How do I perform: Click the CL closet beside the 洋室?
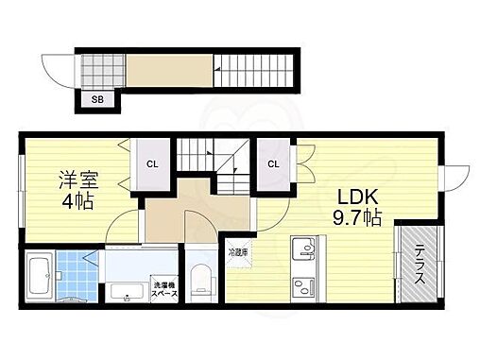click(151, 163)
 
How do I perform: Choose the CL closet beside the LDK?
click(273, 163)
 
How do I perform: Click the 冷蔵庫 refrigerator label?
click(237, 252)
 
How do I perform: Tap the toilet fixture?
click(199, 283)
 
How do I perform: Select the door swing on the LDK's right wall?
click(456, 177)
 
